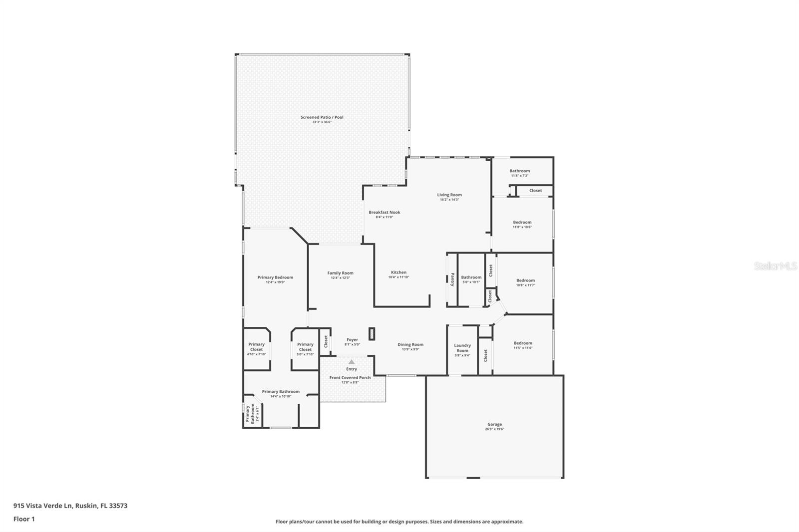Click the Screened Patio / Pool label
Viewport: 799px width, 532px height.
tap(322, 117)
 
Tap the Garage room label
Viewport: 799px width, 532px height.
tap(494, 424)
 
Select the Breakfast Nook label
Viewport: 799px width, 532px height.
tap(385, 212)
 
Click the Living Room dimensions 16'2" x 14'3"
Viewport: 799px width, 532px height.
tap(449, 200)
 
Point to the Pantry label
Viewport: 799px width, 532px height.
tap(452, 279)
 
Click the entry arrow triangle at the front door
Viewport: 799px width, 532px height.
tap(352, 362)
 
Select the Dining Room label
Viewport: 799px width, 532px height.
tap(410, 344)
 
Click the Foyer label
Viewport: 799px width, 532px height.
tap(352, 340)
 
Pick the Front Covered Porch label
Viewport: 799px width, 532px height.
tap(350, 378)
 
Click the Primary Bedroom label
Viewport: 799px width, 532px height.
tap(275, 277)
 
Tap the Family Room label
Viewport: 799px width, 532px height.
tap(340, 273)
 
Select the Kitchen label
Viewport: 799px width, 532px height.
tap(399, 272)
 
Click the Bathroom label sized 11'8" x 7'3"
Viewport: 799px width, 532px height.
tap(519, 171)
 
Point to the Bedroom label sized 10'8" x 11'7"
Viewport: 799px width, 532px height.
tap(525, 280)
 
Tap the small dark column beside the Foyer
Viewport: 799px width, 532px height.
tap(372, 333)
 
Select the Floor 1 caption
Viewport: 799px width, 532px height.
tap(24, 519)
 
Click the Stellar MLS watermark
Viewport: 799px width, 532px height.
tap(775, 266)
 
